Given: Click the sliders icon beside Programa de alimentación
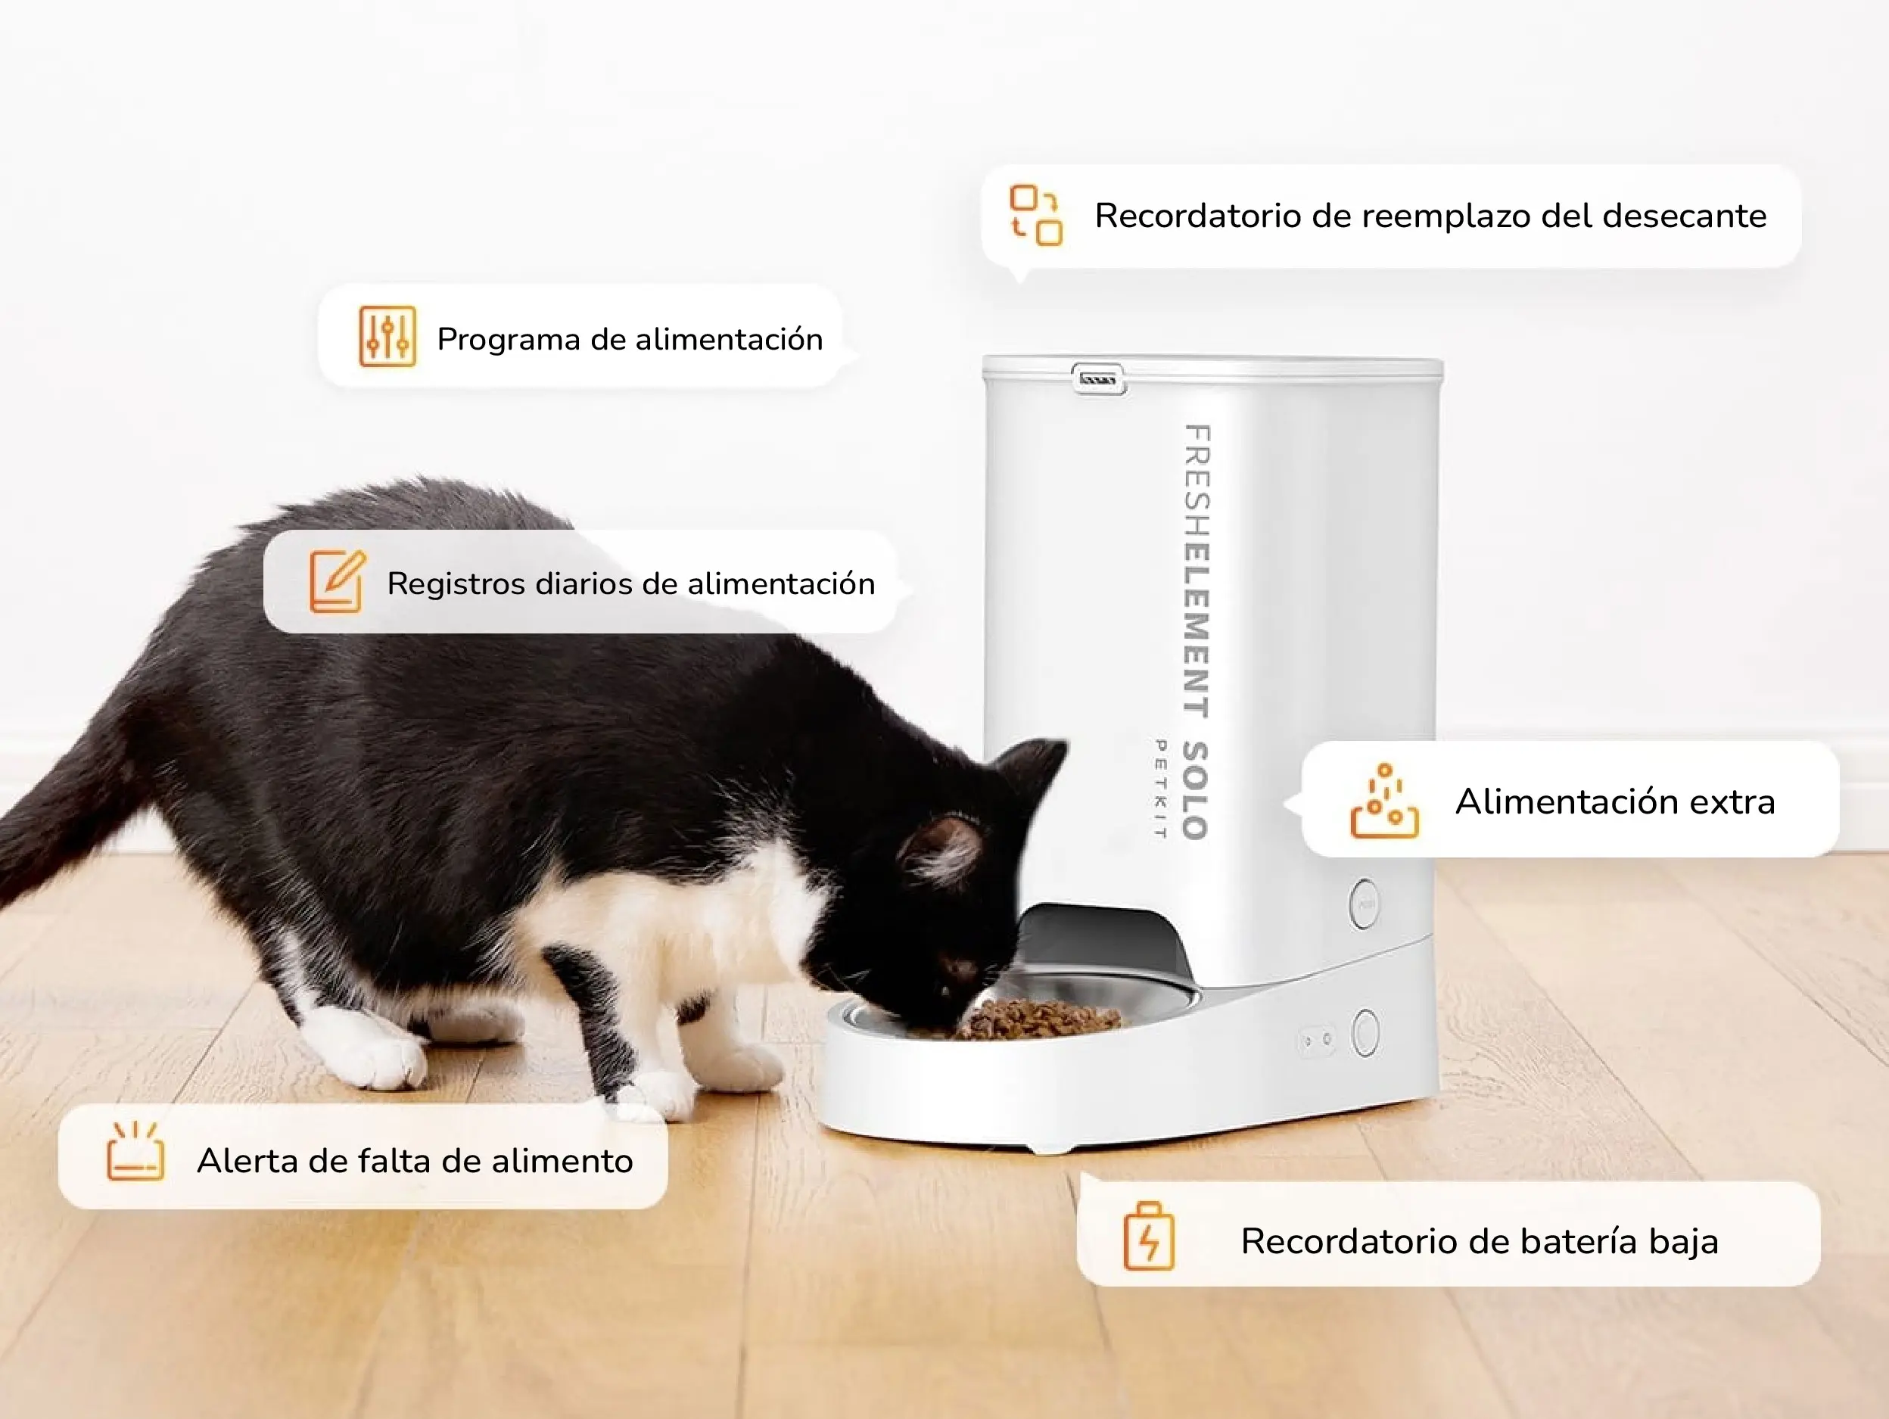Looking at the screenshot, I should (x=387, y=336).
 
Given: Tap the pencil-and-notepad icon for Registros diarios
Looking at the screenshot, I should (x=338, y=581).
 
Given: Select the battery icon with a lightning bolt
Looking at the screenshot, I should (x=1149, y=1237).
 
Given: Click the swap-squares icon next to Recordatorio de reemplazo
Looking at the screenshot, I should (x=1036, y=215).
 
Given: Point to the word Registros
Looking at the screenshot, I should (x=456, y=584).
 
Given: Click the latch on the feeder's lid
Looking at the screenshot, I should (x=1098, y=378).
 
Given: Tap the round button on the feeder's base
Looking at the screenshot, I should (x=1365, y=1032).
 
